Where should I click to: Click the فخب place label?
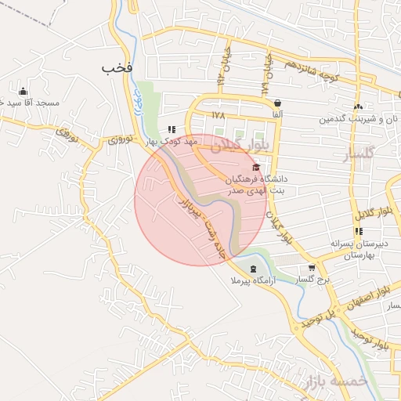click(x=117, y=68)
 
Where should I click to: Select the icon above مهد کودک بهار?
click(x=172, y=130)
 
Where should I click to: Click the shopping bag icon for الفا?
click(x=277, y=103)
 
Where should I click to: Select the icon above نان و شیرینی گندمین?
click(x=358, y=107)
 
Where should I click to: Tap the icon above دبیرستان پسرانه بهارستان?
click(x=358, y=231)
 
